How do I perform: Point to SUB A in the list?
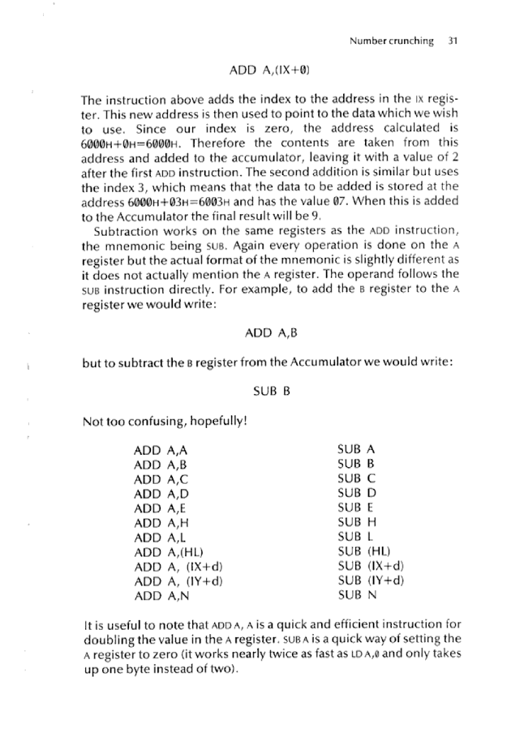click(355, 448)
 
